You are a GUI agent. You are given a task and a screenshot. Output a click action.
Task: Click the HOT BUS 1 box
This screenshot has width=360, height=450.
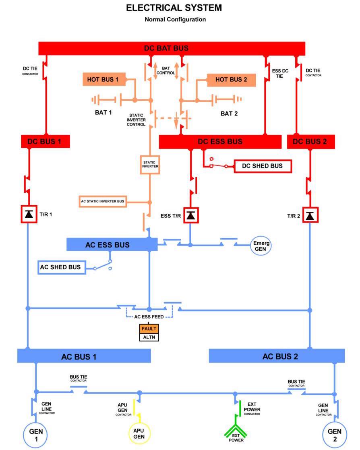tap(104, 79)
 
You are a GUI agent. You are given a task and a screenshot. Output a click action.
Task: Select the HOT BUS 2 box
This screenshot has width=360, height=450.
tap(231, 80)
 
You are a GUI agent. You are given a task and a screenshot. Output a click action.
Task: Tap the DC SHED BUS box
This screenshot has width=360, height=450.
tap(263, 166)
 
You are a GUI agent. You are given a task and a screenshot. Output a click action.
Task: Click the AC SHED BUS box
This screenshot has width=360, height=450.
tap(62, 267)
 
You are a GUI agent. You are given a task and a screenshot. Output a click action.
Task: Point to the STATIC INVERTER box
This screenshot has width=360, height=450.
tap(149, 165)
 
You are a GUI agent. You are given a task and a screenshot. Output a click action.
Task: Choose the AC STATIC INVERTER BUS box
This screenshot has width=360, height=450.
tap(103, 202)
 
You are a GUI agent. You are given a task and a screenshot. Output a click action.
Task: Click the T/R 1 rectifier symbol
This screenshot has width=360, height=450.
tap(29, 214)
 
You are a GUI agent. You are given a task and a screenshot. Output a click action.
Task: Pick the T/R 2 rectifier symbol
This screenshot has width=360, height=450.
tap(310, 215)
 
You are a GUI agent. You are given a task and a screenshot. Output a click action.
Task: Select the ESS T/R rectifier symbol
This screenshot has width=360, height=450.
tap(191, 215)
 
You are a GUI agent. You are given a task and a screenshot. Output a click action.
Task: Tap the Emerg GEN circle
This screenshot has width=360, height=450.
tap(261, 246)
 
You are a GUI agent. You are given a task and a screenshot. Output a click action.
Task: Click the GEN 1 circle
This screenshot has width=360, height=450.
tap(35, 435)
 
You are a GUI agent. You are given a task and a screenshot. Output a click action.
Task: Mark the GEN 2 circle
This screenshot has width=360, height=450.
tap(335, 435)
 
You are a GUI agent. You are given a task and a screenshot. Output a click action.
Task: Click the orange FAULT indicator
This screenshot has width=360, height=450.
tap(149, 329)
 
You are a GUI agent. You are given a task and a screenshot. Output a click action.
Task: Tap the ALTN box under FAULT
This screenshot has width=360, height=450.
tap(149, 337)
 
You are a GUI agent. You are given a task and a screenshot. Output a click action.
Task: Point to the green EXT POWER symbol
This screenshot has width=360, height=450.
tap(236, 429)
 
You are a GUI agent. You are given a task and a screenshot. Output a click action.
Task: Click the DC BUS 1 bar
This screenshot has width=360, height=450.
tap(46, 142)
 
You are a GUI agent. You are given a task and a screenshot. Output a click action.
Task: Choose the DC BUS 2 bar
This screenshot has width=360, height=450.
tap(311, 142)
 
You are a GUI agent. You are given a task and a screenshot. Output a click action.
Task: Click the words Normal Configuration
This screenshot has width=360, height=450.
tap(175, 19)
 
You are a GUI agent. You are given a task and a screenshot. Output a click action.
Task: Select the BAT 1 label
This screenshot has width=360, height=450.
tap(103, 113)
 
